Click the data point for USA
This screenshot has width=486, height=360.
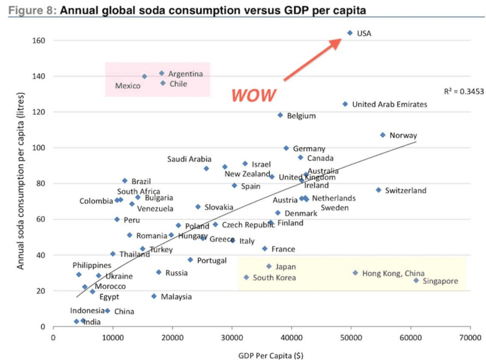point(350,33)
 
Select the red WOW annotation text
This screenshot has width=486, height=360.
point(254,95)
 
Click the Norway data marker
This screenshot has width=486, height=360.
point(383,135)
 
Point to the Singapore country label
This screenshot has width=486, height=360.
point(440,281)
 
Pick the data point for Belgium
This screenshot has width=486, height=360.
point(280,115)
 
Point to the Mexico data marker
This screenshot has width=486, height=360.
point(145,77)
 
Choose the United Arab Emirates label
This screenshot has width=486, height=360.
point(389,104)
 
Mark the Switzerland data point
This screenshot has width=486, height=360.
point(379,190)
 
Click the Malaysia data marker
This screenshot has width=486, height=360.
point(154,296)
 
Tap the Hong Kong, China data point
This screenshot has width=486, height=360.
point(355,273)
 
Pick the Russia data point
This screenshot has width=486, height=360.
point(158,272)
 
